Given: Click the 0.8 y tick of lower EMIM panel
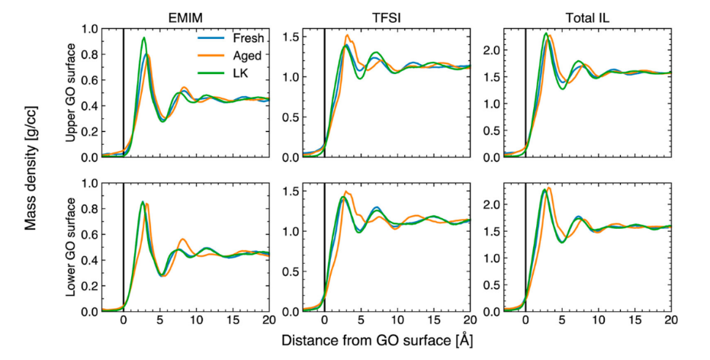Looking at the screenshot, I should pos(110,208).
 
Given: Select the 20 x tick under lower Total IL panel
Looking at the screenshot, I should pos(670,320).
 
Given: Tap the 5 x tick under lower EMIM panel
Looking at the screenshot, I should pos(160,320).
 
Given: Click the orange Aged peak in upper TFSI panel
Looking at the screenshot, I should pos(347,35).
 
